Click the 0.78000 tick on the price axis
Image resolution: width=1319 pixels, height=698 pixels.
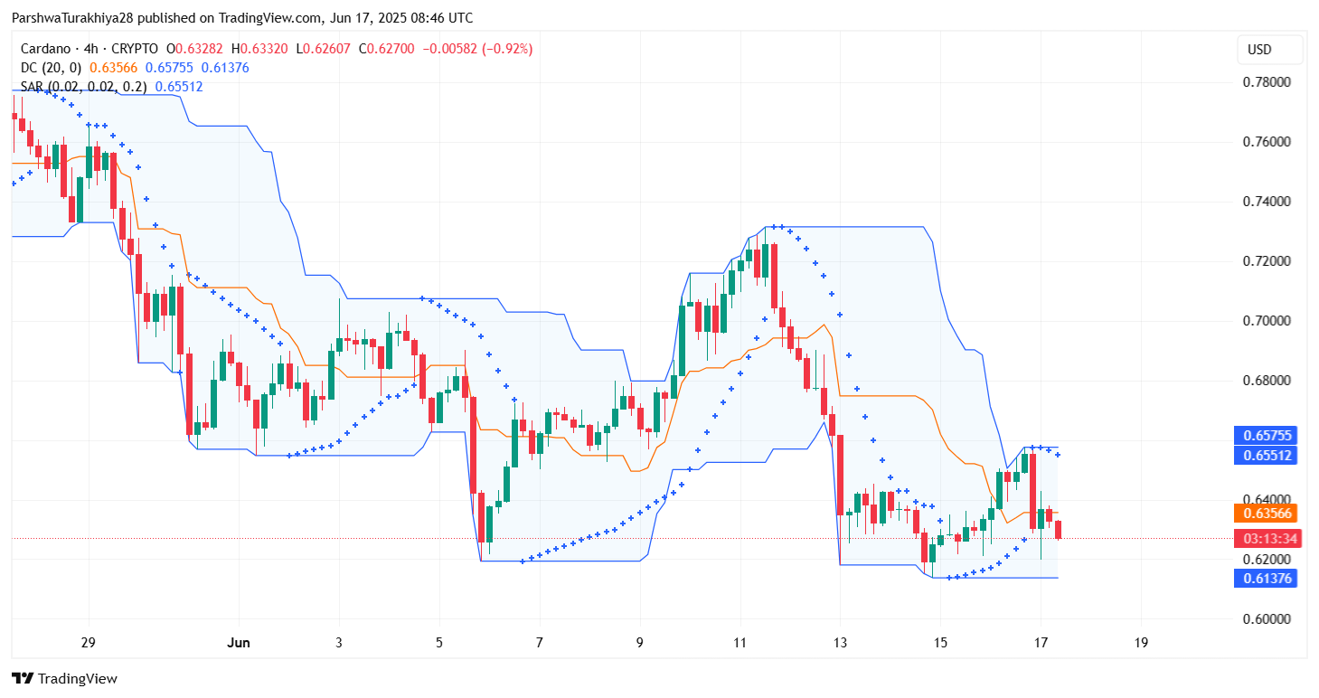click(x=1267, y=82)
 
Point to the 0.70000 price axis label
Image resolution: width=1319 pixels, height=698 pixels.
click(x=1267, y=321)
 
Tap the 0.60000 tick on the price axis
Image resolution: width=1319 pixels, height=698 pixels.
click(x=1267, y=619)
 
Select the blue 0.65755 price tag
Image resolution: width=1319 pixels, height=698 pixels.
click(x=1266, y=436)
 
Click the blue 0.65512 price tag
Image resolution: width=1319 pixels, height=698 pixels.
click(x=1266, y=456)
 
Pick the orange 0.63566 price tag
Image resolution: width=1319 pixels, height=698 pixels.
click(x=1266, y=514)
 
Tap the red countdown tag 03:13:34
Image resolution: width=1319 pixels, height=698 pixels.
click(x=1267, y=538)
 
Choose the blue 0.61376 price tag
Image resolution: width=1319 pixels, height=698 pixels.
click(x=1266, y=579)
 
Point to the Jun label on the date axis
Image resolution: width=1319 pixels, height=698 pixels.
click(x=239, y=643)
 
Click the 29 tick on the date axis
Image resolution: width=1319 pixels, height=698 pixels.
click(x=89, y=643)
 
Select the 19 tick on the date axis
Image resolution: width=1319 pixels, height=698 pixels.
click(x=1141, y=643)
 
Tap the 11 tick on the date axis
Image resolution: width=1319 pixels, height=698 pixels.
click(x=740, y=643)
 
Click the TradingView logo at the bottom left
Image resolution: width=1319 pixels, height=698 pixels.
click(x=65, y=679)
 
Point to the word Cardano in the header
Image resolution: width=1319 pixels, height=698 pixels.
click(x=45, y=49)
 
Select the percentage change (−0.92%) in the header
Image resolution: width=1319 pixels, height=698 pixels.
click(x=507, y=49)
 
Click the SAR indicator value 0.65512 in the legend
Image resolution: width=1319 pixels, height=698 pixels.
click(x=179, y=87)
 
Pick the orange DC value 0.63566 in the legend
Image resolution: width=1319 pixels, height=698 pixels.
click(x=114, y=68)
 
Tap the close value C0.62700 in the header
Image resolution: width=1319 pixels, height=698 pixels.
click(x=387, y=49)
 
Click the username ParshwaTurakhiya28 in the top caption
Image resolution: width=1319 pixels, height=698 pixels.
click(x=73, y=18)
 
